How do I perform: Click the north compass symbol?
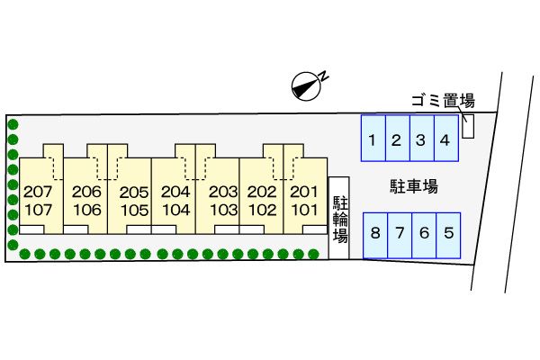click(308, 86)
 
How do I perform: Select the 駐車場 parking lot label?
click(413, 187)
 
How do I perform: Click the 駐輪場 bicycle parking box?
click(340, 218)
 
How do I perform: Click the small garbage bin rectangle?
click(468, 126)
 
